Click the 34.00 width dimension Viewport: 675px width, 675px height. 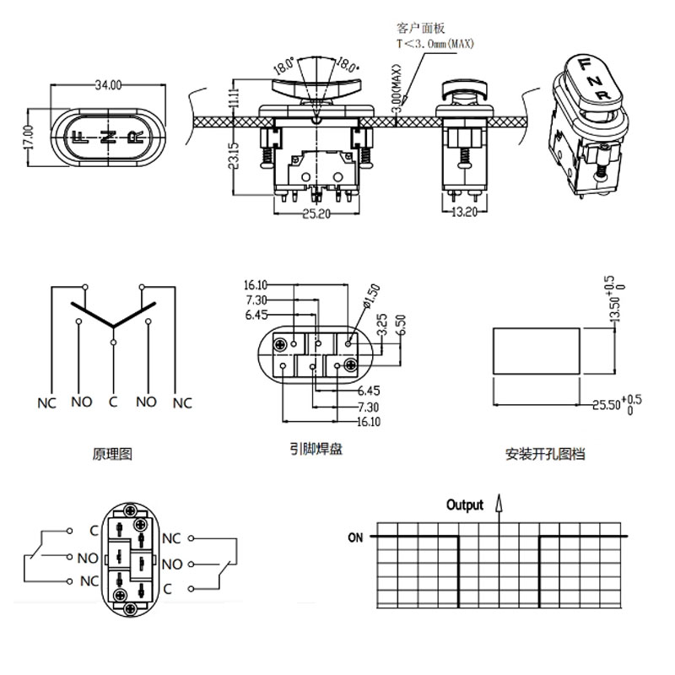[x=107, y=84]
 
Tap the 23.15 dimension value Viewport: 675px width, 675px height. [x=234, y=157]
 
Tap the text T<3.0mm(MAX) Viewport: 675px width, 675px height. [x=437, y=42]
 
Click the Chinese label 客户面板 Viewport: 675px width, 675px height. [x=425, y=28]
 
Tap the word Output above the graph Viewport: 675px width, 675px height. [x=465, y=505]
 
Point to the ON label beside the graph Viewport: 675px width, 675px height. [x=355, y=537]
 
